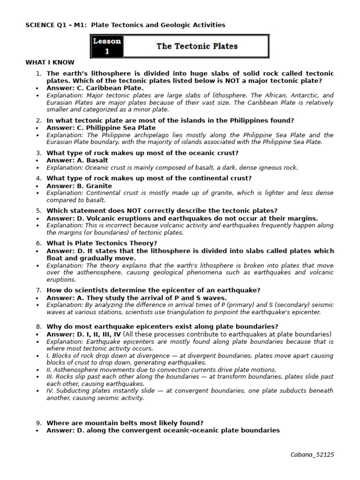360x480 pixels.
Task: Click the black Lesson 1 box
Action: point(107,46)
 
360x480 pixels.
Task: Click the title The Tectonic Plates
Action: point(197,46)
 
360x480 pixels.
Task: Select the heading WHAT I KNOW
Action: point(50,62)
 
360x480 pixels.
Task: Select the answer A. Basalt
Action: point(77,160)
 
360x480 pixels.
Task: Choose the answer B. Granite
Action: point(79,186)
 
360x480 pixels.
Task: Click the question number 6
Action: point(39,243)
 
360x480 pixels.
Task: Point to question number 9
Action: point(39,423)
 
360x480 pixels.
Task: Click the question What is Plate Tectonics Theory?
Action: point(102,243)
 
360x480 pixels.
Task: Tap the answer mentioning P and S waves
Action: point(136,298)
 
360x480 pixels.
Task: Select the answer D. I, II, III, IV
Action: point(84,334)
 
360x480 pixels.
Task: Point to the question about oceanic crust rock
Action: point(142,153)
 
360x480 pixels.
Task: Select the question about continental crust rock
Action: point(149,178)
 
